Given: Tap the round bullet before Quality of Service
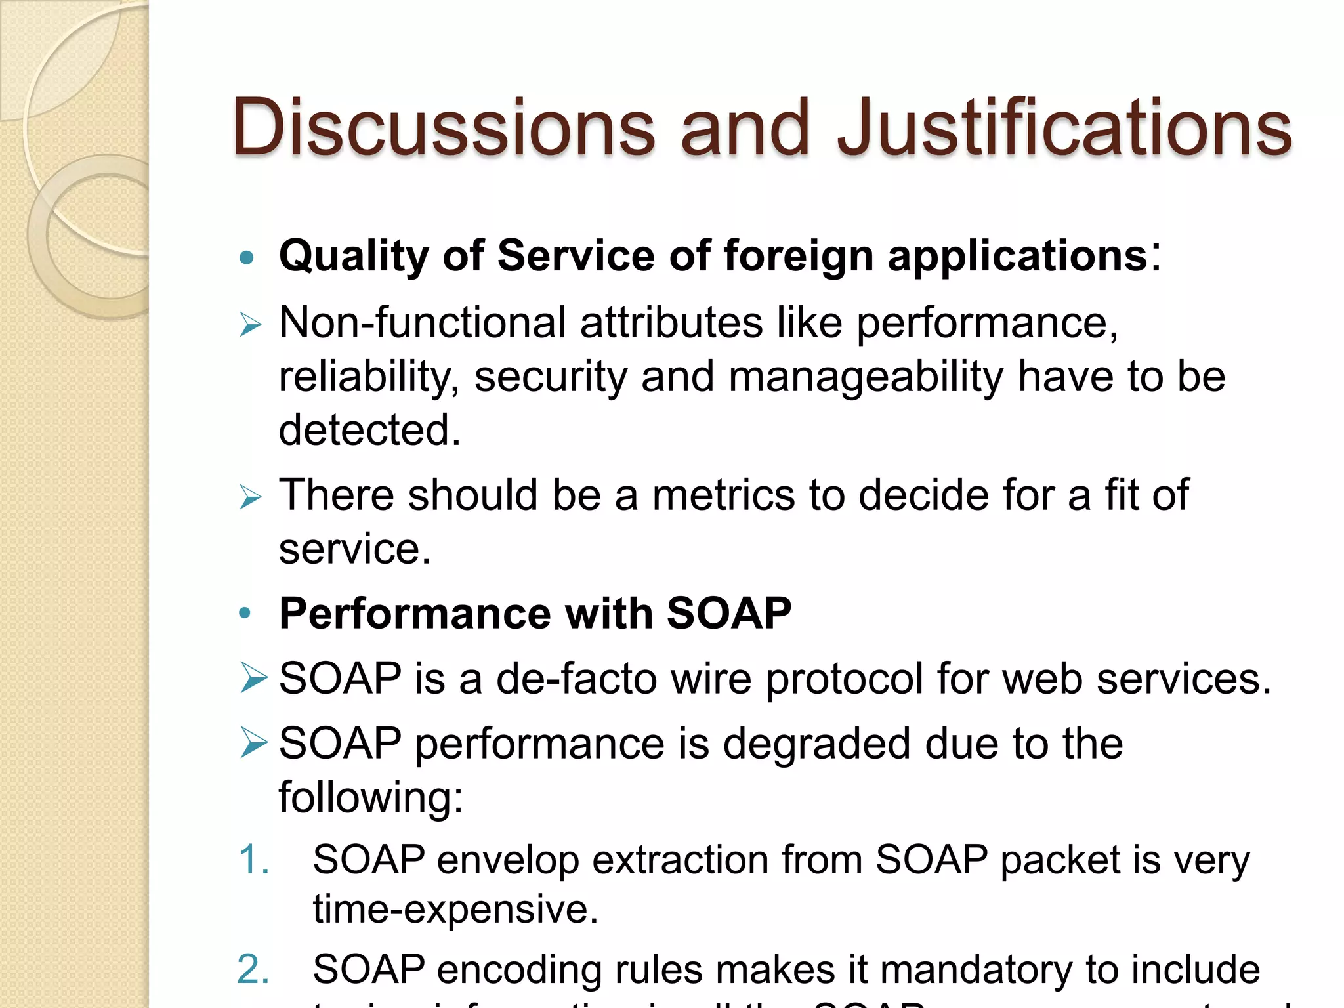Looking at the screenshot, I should tap(247, 257).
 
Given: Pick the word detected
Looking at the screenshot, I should tap(369, 430).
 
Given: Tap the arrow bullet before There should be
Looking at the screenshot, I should tap(250, 496).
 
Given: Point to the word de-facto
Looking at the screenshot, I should tap(576, 679).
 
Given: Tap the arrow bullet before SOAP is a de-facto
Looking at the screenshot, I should tap(253, 678).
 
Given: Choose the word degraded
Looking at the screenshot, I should tap(816, 744).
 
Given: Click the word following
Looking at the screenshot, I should tap(370, 798).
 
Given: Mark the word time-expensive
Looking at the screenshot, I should tap(455, 910).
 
